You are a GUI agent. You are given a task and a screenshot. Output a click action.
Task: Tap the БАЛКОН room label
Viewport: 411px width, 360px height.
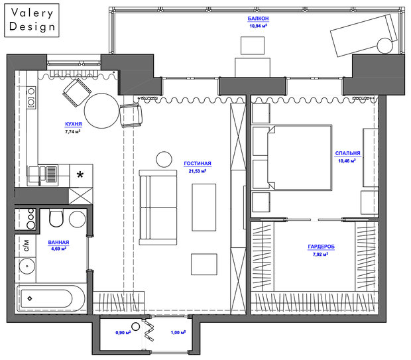click(x=258, y=19)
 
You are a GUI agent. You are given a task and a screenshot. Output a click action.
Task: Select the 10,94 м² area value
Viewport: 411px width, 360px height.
click(x=258, y=26)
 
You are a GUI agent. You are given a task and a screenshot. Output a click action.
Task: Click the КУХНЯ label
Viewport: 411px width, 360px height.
click(x=74, y=124)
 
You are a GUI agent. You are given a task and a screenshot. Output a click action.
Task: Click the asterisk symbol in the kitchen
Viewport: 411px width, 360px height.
click(x=80, y=174)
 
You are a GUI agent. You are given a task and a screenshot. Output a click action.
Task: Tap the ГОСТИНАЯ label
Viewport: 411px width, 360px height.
click(x=198, y=163)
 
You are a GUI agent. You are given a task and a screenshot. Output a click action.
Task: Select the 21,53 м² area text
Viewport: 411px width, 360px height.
click(x=198, y=171)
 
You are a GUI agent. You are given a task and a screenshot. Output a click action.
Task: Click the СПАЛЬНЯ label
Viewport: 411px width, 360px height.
click(x=347, y=153)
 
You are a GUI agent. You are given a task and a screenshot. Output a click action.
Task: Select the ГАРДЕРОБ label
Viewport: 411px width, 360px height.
click(x=321, y=247)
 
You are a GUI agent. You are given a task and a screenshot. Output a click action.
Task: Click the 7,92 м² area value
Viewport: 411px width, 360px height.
click(x=320, y=254)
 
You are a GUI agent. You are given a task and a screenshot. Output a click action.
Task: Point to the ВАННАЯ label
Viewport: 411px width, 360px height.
click(x=58, y=242)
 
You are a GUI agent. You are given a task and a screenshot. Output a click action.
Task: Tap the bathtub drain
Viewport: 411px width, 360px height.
click(x=30, y=298)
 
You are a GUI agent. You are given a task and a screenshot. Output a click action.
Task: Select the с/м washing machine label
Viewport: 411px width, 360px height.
click(x=27, y=245)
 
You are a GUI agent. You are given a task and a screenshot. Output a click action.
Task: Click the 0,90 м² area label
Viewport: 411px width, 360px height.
click(x=123, y=332)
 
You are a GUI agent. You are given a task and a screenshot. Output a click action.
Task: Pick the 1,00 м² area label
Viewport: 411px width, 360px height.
click(x=178, y=332)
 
